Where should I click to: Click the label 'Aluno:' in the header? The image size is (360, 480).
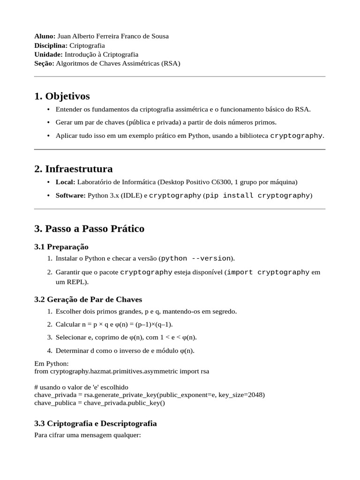pos(45,36)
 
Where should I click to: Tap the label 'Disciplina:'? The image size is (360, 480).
pos(51,45)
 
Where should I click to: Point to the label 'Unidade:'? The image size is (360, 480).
pos(48,54)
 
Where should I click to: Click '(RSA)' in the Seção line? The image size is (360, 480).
pos(170,63)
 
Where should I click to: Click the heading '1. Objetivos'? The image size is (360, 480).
pos(62,96)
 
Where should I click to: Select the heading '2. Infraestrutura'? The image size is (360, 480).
pos(73,169)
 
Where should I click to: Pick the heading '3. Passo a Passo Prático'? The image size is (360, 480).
pos(89,229)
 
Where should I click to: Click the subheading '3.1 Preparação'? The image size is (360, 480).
pos(61,247)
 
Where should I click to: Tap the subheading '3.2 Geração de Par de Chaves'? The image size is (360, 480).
pos(88,299)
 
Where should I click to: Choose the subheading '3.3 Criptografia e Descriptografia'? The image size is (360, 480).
pos(96,423)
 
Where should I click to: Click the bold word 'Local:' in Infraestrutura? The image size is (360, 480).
pos(65,182)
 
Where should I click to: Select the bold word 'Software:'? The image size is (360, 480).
pos(70,195)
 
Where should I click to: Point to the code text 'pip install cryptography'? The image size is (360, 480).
pos(258,195)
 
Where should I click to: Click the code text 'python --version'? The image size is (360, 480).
pos(196,258)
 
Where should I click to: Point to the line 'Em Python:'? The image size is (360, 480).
pos(52,363)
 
